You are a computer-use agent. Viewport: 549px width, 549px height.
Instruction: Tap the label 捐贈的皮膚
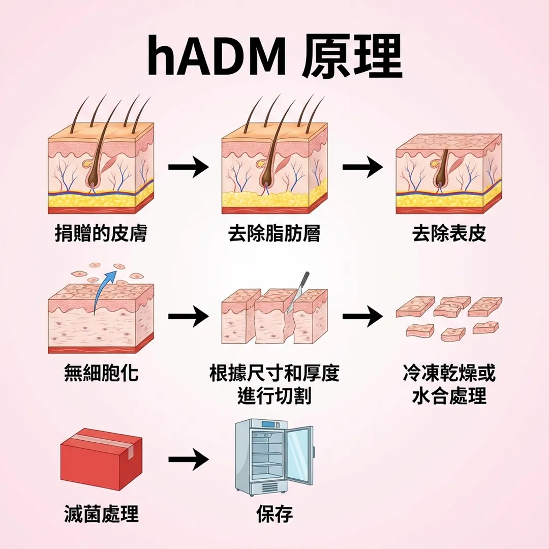pos(101,233)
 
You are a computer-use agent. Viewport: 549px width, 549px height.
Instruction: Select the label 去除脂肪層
pos(274,233)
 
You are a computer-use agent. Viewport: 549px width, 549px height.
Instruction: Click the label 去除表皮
pos(449,233)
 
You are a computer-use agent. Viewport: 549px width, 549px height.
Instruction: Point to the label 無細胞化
pos(101,374)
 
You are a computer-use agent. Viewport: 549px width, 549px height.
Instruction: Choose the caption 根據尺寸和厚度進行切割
pos(274,384)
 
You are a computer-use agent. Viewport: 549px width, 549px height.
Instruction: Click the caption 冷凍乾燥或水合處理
pos(449,384)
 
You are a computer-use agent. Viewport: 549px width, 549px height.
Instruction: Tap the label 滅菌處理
pos(101,514)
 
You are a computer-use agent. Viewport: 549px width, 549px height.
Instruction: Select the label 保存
pos(274,514)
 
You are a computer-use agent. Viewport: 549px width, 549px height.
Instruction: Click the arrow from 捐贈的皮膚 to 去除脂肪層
pos(188,167)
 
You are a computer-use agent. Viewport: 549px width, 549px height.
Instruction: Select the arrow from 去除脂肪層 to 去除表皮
pos(362,167)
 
